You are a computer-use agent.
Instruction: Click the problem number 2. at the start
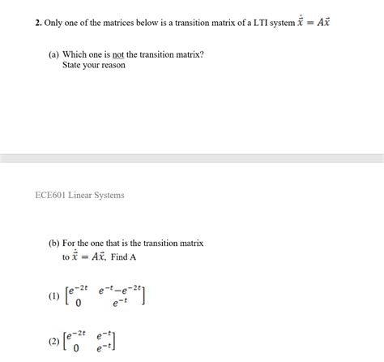[x=38, y=23]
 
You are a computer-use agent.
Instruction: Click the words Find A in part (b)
[x=123, y=256]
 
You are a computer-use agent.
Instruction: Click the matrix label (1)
[x=54, y=297]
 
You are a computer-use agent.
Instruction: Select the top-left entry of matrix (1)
[x=79, y=290]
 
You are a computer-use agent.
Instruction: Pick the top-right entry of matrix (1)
[x=120, y=290]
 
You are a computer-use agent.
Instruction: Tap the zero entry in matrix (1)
[x=79, y=304]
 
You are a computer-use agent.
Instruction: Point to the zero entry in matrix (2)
[x=79, y=350]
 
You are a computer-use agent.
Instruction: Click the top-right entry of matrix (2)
[x=105, y=335]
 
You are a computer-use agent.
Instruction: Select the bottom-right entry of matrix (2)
[x=105, y=350]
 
